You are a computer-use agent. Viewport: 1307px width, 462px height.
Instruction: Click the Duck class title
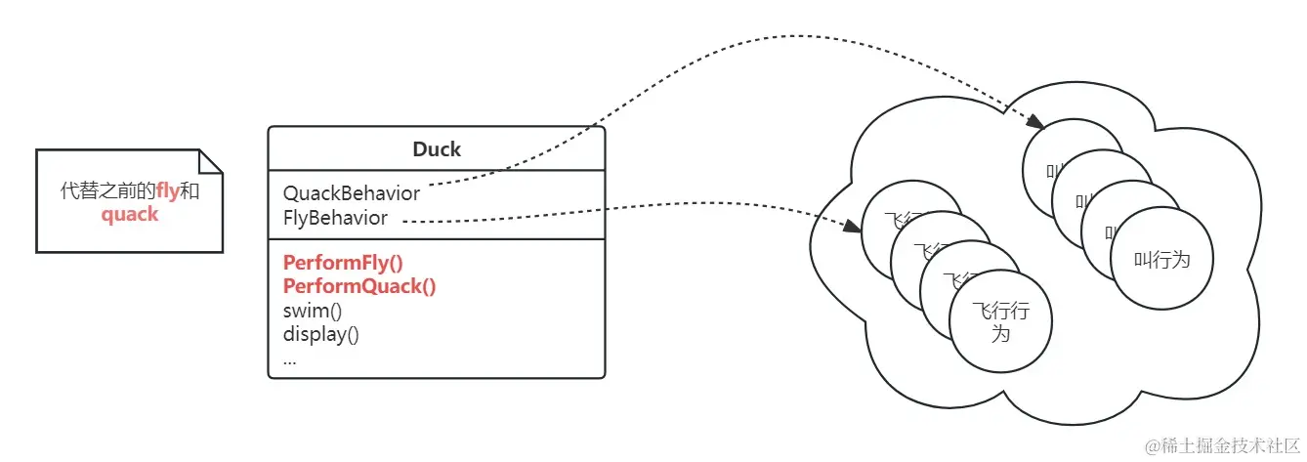pyautogui.click(x=437, y=149)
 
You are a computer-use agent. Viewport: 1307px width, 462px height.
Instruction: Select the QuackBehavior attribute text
pyautogui.click(x=352, y=192)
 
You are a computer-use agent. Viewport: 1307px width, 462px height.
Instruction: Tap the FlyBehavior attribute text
pyautogui.click(x=335, y=218)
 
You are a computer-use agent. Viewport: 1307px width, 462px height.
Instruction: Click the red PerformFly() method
pyautogui.click(x=343, y=263)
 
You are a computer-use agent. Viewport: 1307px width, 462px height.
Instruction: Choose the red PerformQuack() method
pyautogui.click(x=358, y=286)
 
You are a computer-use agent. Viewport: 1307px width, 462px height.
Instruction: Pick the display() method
pyautogui.click(x=321, y=334)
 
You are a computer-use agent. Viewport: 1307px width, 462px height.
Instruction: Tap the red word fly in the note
pyautogui.click(x=168, y=191)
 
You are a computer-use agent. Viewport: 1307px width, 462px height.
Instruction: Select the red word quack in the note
pyautogui.click(x=130, y=214)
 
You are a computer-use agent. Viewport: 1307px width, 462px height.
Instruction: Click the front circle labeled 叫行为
pyautogui.click(x=1160, y=260)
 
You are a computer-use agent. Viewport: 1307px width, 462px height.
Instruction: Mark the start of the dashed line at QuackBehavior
pyautogui.click(x=431, y=184)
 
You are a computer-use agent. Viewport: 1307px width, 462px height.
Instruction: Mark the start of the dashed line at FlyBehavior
pyautogui.click(x=404, y=222)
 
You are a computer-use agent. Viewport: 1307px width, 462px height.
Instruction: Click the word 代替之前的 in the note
pyautogui.click(x=107, y=191)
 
